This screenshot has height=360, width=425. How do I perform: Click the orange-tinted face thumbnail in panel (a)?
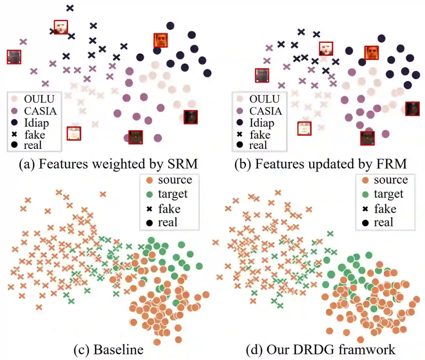161,40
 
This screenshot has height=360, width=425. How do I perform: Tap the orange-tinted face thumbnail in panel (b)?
371,53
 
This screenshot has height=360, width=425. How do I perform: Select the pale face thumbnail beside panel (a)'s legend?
74,133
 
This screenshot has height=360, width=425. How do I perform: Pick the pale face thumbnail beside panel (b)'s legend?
304,128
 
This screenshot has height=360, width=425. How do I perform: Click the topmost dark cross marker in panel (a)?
70,8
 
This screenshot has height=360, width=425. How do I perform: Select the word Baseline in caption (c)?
118,350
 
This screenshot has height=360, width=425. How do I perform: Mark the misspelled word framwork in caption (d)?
369,350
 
